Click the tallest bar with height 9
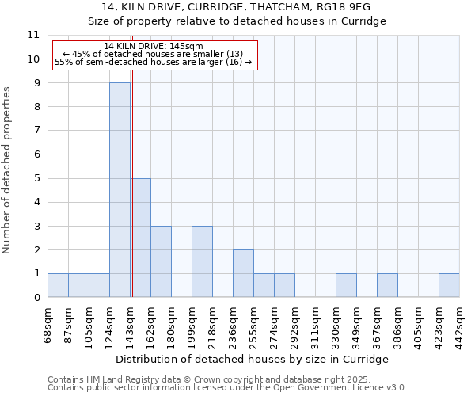point(120,190)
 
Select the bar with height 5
point(140,238)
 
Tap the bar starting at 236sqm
point(243,273)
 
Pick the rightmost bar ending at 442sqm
point(449,285)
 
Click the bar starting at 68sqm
point(58,285)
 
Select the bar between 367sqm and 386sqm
point(387,285)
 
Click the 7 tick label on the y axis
point(36,131)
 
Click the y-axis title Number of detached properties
point(8,170)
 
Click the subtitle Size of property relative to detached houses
point(237,21)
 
